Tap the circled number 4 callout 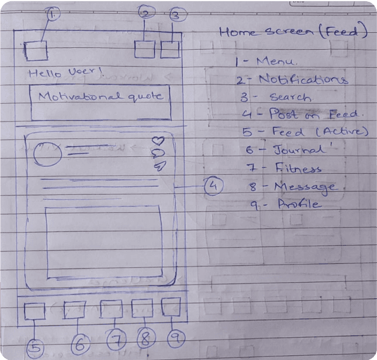click(x=213, y=186)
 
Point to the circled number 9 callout click(x=175, y=338)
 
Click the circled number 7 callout click(x=117, y=341)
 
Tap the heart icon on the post click(x=158, y=141)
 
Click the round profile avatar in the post click(x=47, y=154)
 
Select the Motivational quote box click(x=100, y=102)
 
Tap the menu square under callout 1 click(x=37, y=50)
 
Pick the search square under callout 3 click(x=170, y=49)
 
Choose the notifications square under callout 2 click(x=144, y=49)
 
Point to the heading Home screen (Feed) click(x=292, y=32)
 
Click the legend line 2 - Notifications click(x=291, y=80)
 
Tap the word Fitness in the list click(x=298, y=168)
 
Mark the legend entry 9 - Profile click(x=286, y=204)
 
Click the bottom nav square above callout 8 click(x=142, y=308)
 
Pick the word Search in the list click(x=290, y=98)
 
